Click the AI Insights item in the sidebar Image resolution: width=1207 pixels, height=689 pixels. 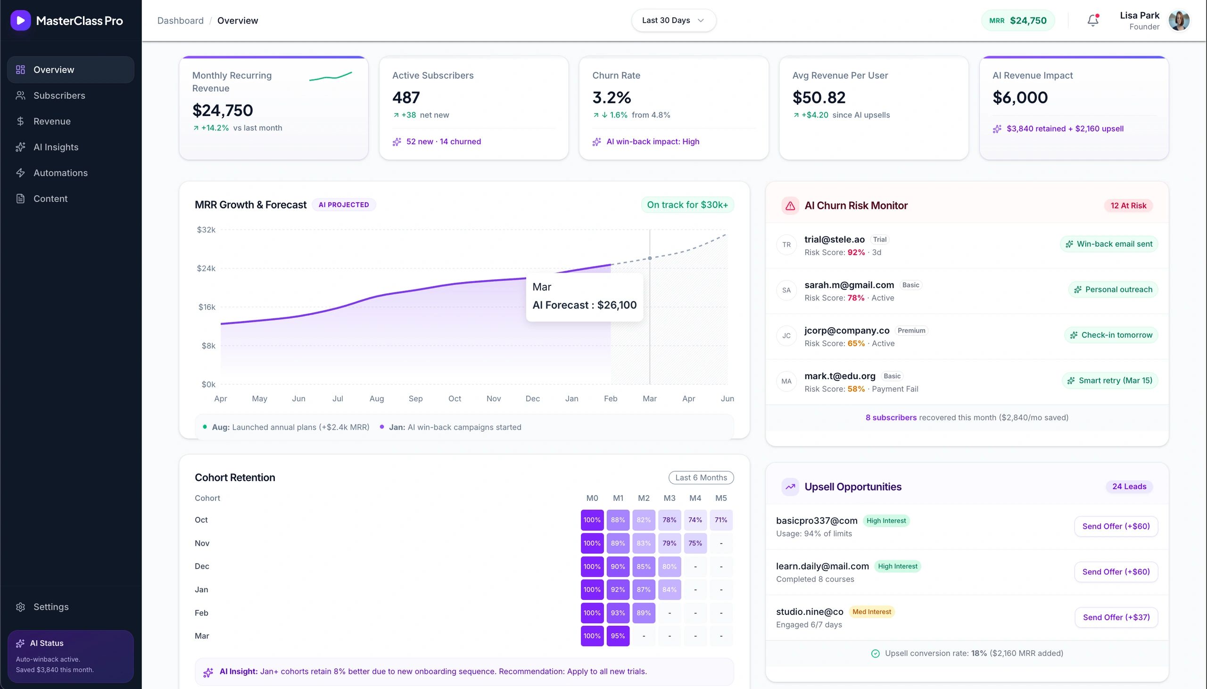tap(56, 147)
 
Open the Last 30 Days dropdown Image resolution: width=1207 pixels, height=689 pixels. tap(673, 20)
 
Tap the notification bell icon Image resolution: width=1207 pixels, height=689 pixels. tap(1092, 20)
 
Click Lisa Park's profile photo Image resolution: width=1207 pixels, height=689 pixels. tap(1179, 21)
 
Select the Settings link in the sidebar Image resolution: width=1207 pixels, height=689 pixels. tap(50, 606)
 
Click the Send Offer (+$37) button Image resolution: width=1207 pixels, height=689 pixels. tap(1116, 617)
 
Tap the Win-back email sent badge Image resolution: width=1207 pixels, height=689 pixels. tap(1108, 244)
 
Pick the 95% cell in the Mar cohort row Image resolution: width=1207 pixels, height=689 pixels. tap(617, 636)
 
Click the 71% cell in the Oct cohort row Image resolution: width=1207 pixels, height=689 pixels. tap(720, 520)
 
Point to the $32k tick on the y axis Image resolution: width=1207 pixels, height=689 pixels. tap(206, 230)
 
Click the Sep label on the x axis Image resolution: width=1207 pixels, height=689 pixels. tap(415, 398)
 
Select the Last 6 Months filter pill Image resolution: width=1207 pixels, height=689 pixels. tap(701, 477)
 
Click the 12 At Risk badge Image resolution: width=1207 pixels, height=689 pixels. tap(1128, 205)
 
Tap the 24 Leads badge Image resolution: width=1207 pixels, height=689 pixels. tap(1128, 487)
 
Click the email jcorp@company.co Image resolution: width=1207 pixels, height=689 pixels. tap(847, 330)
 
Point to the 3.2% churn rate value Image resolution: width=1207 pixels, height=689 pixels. tap(611, 98)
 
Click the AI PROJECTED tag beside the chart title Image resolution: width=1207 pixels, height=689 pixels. tap(343, 205)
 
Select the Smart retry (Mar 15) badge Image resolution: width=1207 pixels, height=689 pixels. tap(1109, 381)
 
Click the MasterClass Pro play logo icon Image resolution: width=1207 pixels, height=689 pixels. tap(20, 20)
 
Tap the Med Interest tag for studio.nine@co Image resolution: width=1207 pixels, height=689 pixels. tap(871, 612)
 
